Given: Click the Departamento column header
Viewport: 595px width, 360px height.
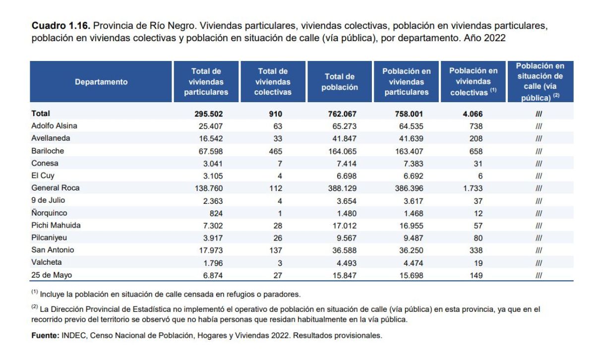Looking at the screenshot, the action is click(x=101, y=82).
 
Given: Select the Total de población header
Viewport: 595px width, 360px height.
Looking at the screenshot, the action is click(x=340, y=82).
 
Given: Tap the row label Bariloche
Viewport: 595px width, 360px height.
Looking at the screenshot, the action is click(x=48, y=151).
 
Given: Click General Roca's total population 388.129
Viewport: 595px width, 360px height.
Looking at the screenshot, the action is click(x=342, y=188).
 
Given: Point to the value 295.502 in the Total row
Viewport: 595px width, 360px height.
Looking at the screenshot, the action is click(x=209, y=114).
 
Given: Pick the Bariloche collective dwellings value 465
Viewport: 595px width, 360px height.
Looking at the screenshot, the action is click(x=276, y=151).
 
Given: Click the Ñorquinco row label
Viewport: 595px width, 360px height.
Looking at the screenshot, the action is click(x=49, y=213).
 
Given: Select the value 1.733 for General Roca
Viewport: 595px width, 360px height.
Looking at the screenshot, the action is click(x=473, y=188).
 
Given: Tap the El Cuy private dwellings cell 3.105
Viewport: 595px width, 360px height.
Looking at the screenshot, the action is click(x=213, y=176).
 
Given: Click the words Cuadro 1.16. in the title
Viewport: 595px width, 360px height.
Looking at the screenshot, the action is click(x=61, y=25).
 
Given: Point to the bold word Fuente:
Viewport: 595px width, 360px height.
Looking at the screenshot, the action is click(x=45, y=335).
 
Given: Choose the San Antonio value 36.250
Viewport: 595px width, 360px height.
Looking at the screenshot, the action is click(x=411, y=250).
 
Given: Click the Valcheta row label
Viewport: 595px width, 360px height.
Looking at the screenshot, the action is click(x=47, y=262).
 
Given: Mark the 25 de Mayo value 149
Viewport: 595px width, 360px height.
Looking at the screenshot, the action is click(x=476, y=275).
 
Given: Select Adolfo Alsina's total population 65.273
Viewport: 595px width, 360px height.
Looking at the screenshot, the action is click(x=344, y=126).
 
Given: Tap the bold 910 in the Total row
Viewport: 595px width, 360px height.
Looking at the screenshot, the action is click(x=276, y=114).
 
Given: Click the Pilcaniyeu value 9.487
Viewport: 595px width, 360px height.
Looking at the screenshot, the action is click(x=414, y=238).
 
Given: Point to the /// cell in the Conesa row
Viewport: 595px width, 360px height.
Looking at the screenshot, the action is click(x=538, y=164).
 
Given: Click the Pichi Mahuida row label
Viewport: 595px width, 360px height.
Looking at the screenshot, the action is click(x=56, y=225).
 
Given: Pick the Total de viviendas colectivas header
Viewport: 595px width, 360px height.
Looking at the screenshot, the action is click(x=273, y=81).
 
